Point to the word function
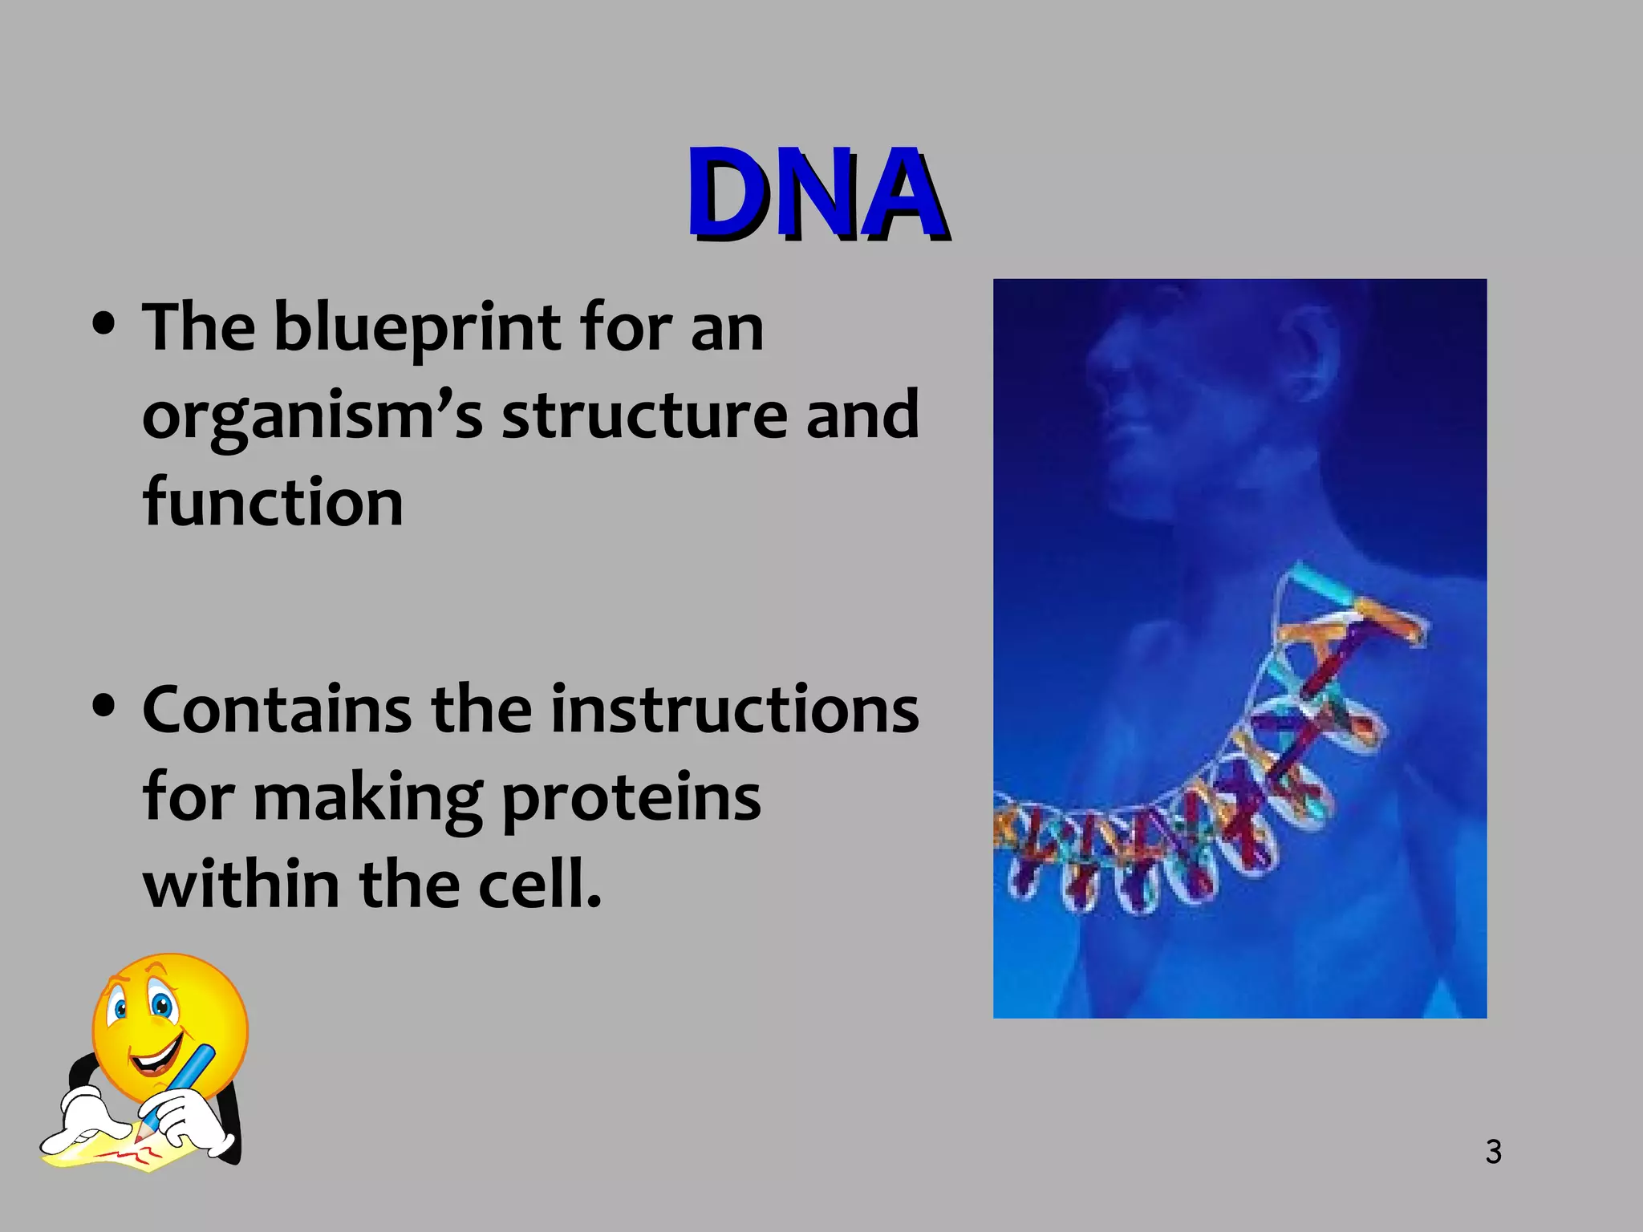pyautogui.click(x=273, y=502)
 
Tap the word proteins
pyautogui.click(x=631, y=799)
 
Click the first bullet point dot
pyautogui.click(x=103, y=325)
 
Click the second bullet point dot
pyautogui.click(x=103, y=707)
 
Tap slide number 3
pyautogui.click(x=1493, y=1152)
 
